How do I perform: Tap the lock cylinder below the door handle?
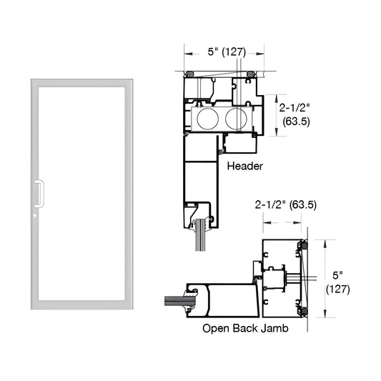(34, 213)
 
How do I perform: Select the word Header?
(245, 166)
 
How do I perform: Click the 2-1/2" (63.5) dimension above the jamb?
(286, 204)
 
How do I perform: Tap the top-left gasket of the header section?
(189, 74)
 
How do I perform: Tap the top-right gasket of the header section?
(250, 74)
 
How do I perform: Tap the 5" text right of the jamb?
(337, 274)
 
